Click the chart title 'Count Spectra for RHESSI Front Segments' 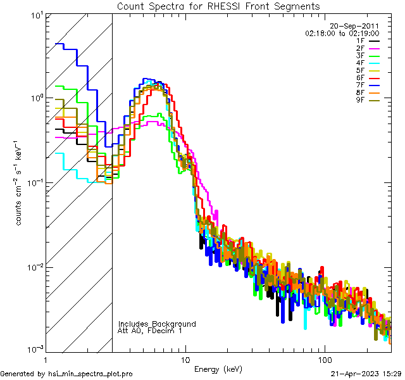coord(218,6)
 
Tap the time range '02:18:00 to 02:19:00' coord(342,33)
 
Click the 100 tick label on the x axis coord(325,359)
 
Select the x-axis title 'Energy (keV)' coord(218,369)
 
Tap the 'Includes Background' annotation coord(157,324)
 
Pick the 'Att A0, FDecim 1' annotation coord(150,331)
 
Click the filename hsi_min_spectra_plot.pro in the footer coord(91,374)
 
